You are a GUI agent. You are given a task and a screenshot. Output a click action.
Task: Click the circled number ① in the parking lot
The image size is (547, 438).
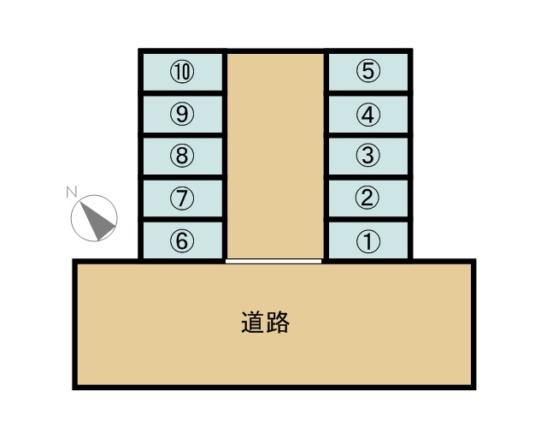click(x=368, y=241)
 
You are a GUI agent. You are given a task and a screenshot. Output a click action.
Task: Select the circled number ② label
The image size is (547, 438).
click(x=368, y=198)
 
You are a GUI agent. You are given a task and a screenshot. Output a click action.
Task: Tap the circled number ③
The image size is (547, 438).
click(x=368, y=156)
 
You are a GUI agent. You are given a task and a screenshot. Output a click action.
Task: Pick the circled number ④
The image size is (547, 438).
click(x=368, y=113)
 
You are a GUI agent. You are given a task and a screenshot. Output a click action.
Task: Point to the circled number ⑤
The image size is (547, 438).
click(x=368, y=71)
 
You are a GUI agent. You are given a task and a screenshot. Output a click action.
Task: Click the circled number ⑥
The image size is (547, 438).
click(x=181, y=241)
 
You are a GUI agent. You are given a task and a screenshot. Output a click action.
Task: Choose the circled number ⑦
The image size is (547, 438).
click(x=181, y=198)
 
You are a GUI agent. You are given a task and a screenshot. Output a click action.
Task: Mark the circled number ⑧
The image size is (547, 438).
click(x=181, y=156)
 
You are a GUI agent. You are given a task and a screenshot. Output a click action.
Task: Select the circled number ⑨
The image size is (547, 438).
click(x=181, y=113)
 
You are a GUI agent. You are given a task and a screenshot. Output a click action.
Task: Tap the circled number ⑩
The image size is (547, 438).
click(x=181, y=71)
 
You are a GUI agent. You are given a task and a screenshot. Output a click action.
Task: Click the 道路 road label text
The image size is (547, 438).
click(x=265, y=323)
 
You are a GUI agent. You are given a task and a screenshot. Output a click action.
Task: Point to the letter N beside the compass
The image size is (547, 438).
click(x=72, y=192)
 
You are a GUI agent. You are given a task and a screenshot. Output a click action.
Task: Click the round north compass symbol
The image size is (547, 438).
click(x=93, y=217)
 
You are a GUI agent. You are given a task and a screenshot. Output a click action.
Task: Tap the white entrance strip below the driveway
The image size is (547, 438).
click(x=273, y=261)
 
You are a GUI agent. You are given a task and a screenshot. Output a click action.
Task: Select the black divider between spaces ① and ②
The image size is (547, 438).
click(x=369, y=220)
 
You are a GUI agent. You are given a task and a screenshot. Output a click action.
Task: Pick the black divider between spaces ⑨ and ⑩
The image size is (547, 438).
click(x=182, y=92)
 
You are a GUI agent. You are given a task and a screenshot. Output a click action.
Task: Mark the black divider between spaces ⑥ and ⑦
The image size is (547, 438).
click(x=182, y=220)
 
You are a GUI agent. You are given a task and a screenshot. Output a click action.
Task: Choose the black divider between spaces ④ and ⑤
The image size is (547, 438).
click(x=369, y=92)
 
